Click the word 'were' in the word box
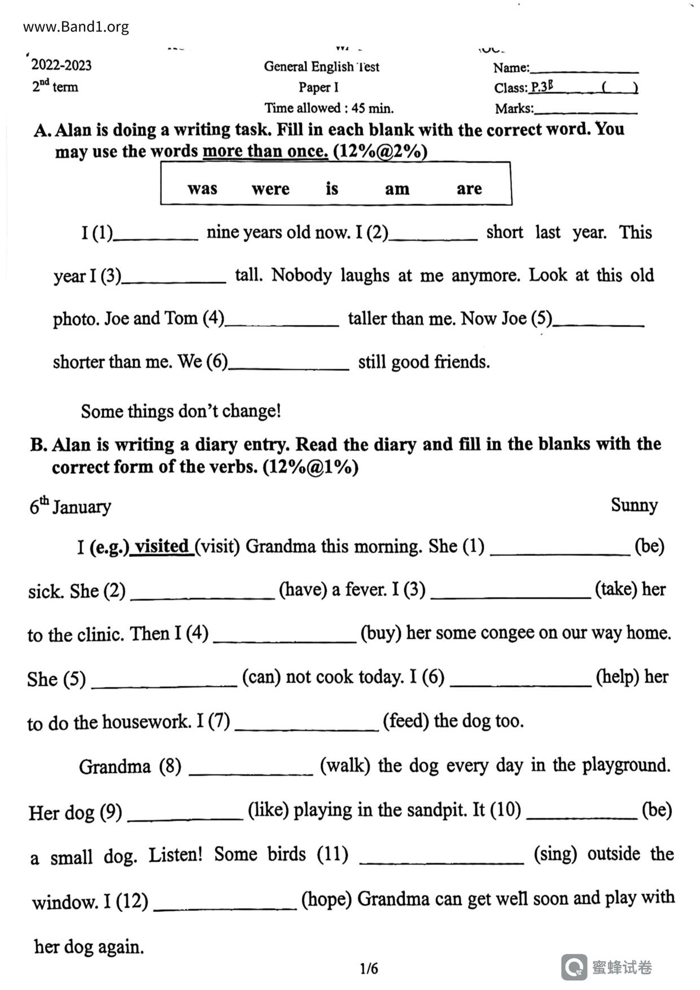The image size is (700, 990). pyautogui.click(x=270, y=189)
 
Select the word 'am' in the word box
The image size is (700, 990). pyautogui.click(x=397, y=189)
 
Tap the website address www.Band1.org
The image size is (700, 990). pyautogui.click(x=76, y=27)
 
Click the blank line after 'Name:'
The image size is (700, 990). pyautogui.click(x=584, y=70)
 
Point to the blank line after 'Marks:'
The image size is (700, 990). pyautogui.click(x=585, y=111)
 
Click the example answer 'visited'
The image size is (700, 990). pyautogui.click(x=162, y=546)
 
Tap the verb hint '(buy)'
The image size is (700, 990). pyautogui.click(x=380, y=633)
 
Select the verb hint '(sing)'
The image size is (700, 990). pyautogui.click(x=555, y=854)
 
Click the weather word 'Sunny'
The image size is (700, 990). pyautogui.click(x=634, y=505)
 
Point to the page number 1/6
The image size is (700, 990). pyautogui.click(x=369, y=969)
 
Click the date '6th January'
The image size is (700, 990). pyautogui.click(x=70, y=506)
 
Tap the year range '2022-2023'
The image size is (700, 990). pyautogui.click(x=61, y=65)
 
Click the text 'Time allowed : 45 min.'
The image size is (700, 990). pyautogui.click(x=329, y=108)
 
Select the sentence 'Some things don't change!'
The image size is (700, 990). pyautogui.click(x=181, y=411)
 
